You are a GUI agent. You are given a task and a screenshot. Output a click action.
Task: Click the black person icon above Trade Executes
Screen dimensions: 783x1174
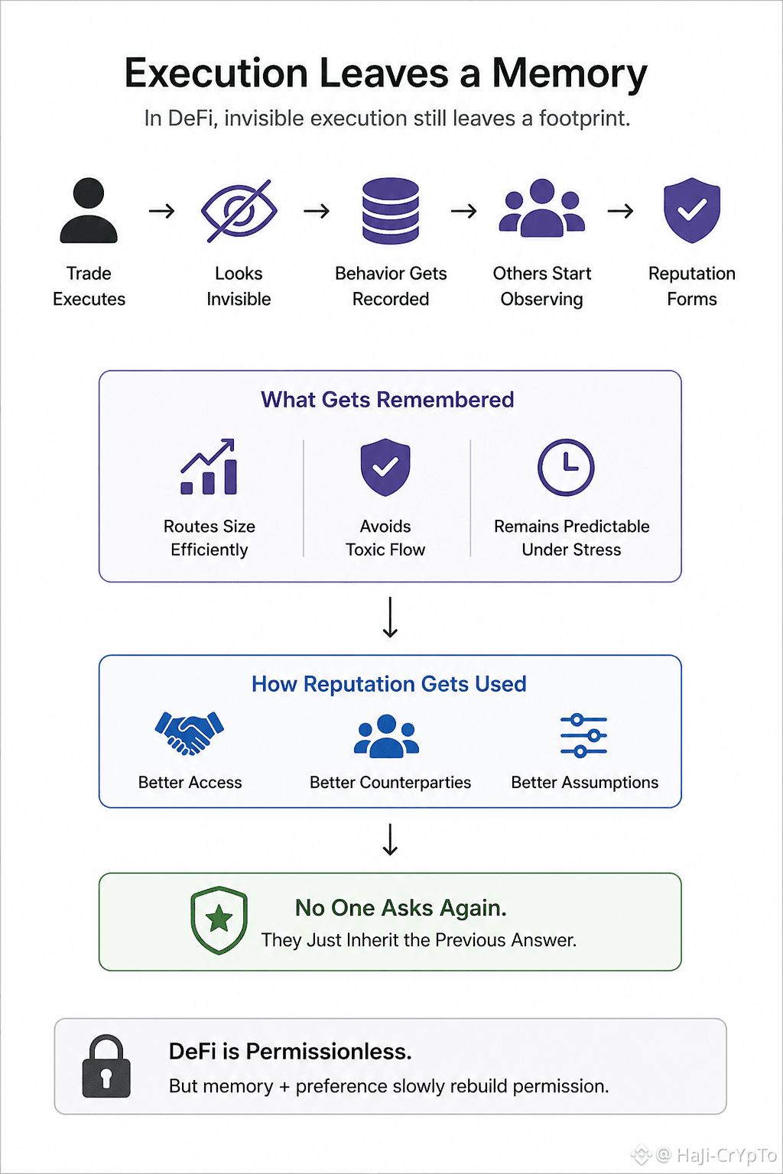pos(89,210)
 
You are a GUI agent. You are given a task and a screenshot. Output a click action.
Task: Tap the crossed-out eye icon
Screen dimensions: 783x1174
pos(239,211)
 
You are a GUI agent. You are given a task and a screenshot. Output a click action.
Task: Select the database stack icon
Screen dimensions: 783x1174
pos(390,211)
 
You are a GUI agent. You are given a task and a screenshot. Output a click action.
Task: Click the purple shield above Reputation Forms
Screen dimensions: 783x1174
pos(692,210)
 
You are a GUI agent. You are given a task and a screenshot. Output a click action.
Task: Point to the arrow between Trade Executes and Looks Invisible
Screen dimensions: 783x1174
pos(161,211)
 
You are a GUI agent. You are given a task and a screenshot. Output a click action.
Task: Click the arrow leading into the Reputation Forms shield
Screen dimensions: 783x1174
pos(620,211)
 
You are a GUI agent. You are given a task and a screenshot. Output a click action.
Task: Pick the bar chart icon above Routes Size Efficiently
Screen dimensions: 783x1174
pos(209,466)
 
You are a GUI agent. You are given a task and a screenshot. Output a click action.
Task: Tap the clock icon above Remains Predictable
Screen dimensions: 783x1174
pos(566,467)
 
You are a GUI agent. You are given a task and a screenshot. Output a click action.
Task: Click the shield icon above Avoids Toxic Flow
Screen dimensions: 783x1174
pos(385,467)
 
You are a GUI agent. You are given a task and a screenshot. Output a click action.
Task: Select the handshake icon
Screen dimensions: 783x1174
pos(190,733)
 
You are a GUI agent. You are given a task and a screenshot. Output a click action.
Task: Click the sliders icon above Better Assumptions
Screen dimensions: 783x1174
pos(583,735)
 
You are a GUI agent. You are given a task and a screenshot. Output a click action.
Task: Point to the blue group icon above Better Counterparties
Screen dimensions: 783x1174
pos(386,736)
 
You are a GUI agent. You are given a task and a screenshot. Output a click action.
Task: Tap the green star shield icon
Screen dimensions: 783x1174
pos(219,920)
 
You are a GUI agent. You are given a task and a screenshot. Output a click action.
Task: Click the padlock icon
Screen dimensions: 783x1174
pos(106,1066)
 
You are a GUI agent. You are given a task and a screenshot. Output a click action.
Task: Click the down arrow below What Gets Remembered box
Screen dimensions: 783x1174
pos(390,617)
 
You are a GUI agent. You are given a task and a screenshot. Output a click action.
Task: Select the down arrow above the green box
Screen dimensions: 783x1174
pos(390,840)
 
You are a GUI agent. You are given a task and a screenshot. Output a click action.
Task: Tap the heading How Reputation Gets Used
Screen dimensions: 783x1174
pos(389,684)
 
